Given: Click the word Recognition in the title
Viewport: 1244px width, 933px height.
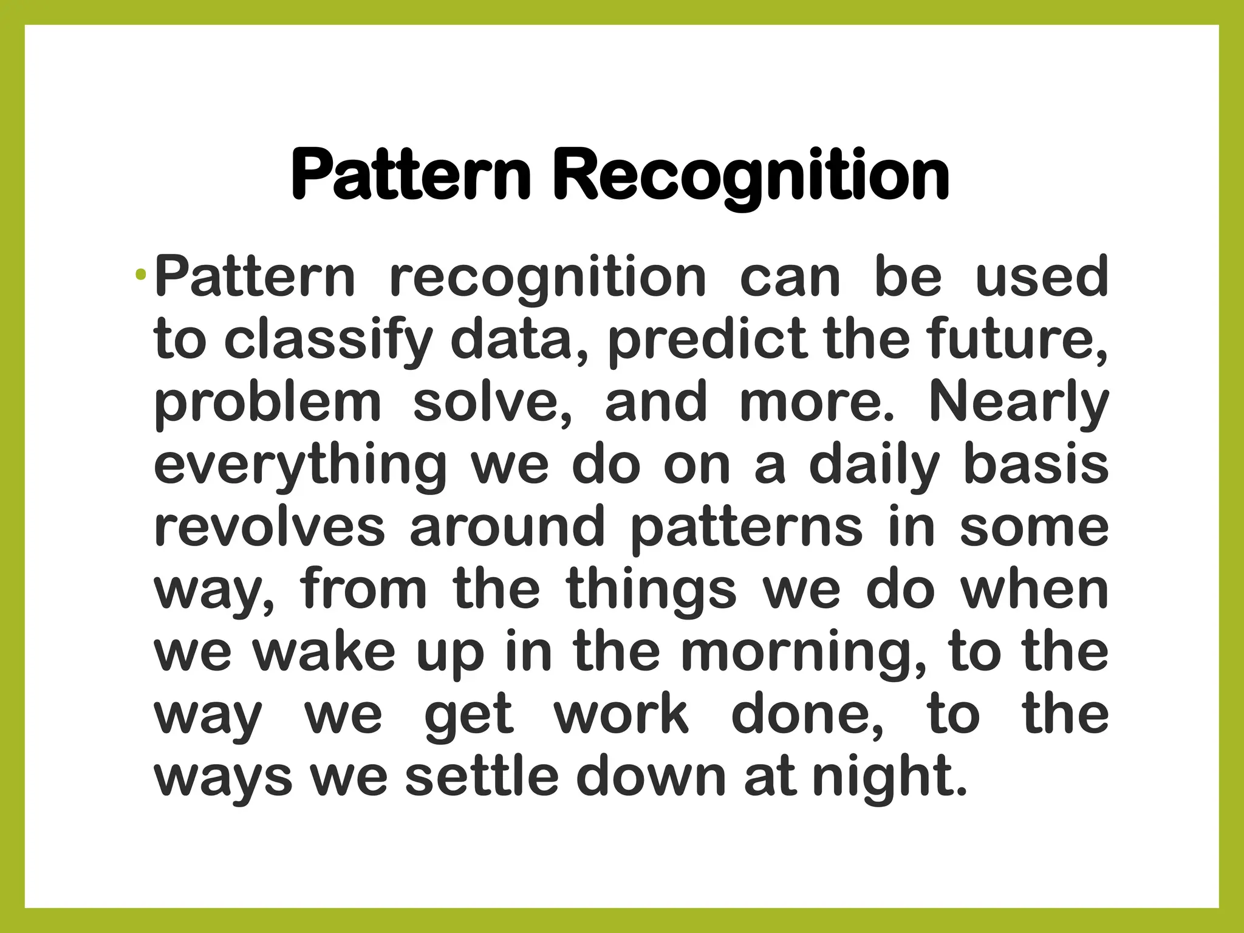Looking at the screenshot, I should tap(751, 176).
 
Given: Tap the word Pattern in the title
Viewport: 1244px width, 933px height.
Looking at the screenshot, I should tap(411, 176).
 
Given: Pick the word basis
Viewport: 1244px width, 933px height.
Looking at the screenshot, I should tap(1036, 465).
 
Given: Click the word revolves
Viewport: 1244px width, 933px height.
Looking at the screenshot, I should tap(270, 527).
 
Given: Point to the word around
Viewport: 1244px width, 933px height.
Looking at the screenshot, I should tap(507, 527).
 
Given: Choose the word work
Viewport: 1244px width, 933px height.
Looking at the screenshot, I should tap(621, 715).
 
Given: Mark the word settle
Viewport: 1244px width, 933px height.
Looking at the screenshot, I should tap(482, 777).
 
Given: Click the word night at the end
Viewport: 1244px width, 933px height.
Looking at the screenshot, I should tap(889, 778).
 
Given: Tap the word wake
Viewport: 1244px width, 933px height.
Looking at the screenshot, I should tap(324, 652).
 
